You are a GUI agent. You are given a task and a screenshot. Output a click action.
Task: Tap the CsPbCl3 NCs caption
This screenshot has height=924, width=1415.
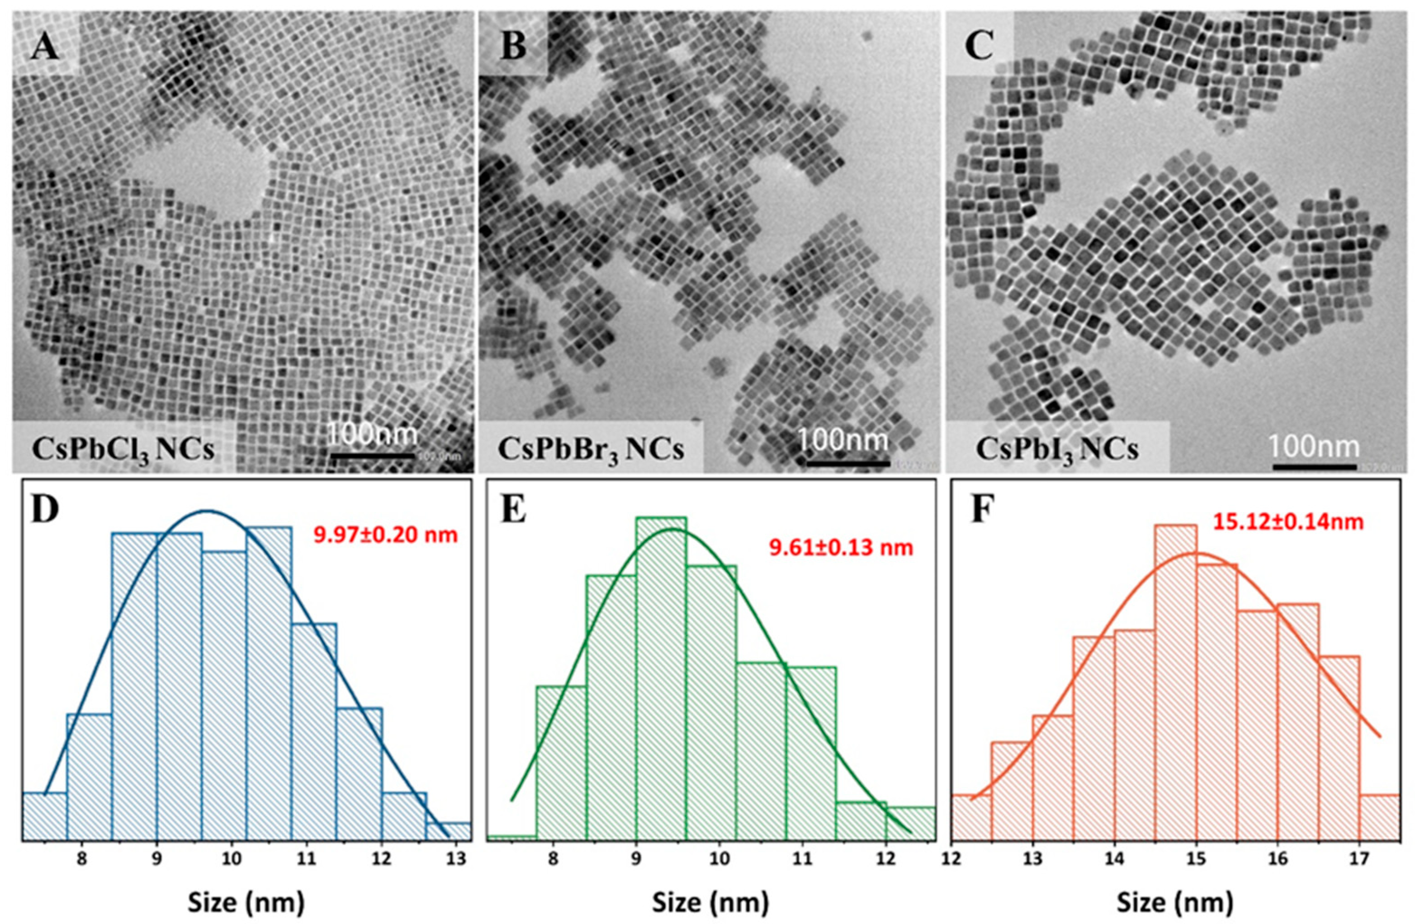pos(123,450)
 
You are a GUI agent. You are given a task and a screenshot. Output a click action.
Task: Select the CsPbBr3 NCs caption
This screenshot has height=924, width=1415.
pos(591,450)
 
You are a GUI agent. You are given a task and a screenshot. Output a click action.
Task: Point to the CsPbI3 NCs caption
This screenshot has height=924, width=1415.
pos(1057,450)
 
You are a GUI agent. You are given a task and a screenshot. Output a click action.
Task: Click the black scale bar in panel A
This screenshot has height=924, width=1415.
pos(373,456)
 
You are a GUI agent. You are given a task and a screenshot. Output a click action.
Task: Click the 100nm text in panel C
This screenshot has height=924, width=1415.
pos(1315,446)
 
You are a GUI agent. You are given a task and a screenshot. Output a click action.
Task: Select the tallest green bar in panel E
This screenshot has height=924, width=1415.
pos(661,678)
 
